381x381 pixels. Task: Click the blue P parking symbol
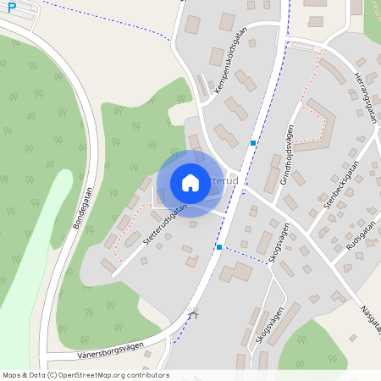click(x=11, y=7)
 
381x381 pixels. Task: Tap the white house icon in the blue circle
click(x=190, y=182)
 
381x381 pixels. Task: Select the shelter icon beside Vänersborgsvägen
click(x=194, y=316)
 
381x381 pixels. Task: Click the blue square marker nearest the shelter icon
click(x=219, y=247)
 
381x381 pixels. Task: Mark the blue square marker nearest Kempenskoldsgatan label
click(x=253, y=143)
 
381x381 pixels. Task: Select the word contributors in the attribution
click(x=144, y=375)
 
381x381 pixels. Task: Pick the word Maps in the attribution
click(x=12, y=375)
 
